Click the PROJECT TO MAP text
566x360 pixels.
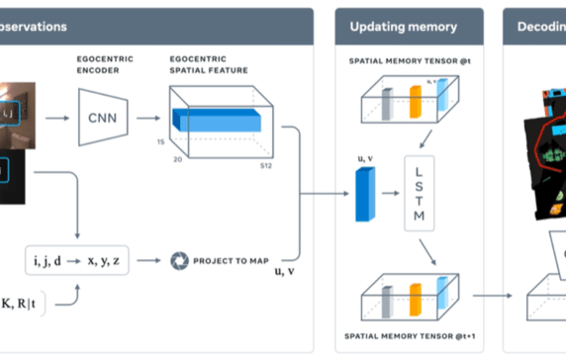tap(233, 261)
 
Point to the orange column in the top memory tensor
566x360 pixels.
tap(416, 104)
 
